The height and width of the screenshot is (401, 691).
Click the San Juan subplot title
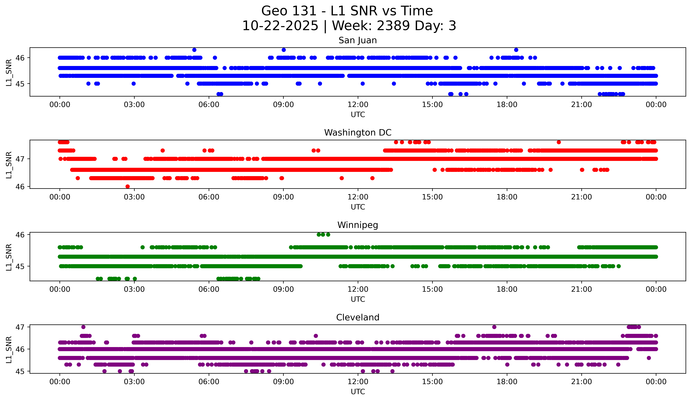click(x=358, y=40)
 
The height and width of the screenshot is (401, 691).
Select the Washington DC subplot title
click(x=358, y=133)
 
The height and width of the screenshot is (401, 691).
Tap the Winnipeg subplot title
click(x=358, y=225)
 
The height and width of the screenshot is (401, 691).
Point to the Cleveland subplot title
click(x=358, y=317)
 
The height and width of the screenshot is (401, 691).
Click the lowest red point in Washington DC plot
click(x=127, y=186)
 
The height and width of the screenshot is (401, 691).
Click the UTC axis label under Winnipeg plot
click(x=358, y=299)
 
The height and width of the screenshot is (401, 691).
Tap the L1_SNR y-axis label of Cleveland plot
click(x=9, y=350)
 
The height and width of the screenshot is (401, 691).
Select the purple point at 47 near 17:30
click(x=494, y=327)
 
